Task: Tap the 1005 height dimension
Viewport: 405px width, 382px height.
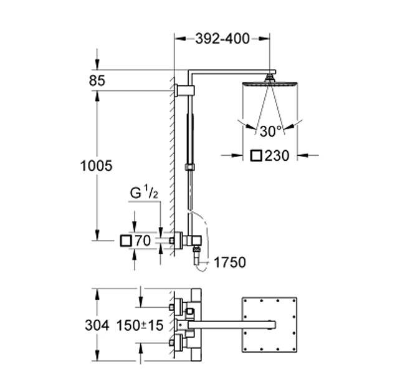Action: coord(96,166)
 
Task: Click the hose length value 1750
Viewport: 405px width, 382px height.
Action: coord(229,262)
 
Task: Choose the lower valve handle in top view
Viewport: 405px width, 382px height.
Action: coord(176,341)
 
